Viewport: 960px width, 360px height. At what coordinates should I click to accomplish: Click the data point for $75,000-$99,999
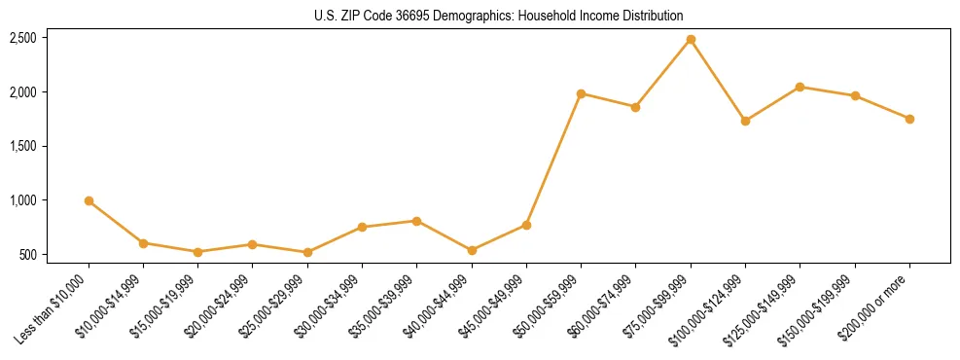691,40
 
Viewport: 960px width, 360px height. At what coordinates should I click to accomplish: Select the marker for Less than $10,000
89,201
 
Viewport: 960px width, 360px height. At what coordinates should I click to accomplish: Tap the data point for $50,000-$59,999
581,93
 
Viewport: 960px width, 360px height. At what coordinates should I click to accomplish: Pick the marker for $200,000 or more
909,119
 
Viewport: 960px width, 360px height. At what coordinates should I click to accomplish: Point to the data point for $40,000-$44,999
472,250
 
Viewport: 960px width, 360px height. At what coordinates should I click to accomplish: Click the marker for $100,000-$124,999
745,121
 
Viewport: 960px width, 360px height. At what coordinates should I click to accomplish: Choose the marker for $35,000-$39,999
416,221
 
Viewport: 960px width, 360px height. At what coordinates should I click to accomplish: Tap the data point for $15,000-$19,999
197,252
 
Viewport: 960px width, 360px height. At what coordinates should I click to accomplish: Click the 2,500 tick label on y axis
23,38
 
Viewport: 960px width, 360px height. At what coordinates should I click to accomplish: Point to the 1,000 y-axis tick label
23,200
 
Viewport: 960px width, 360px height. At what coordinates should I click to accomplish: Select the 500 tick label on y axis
28,255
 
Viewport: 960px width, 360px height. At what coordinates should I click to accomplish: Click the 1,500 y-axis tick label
23,146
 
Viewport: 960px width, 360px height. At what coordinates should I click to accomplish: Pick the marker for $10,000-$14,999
143,243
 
